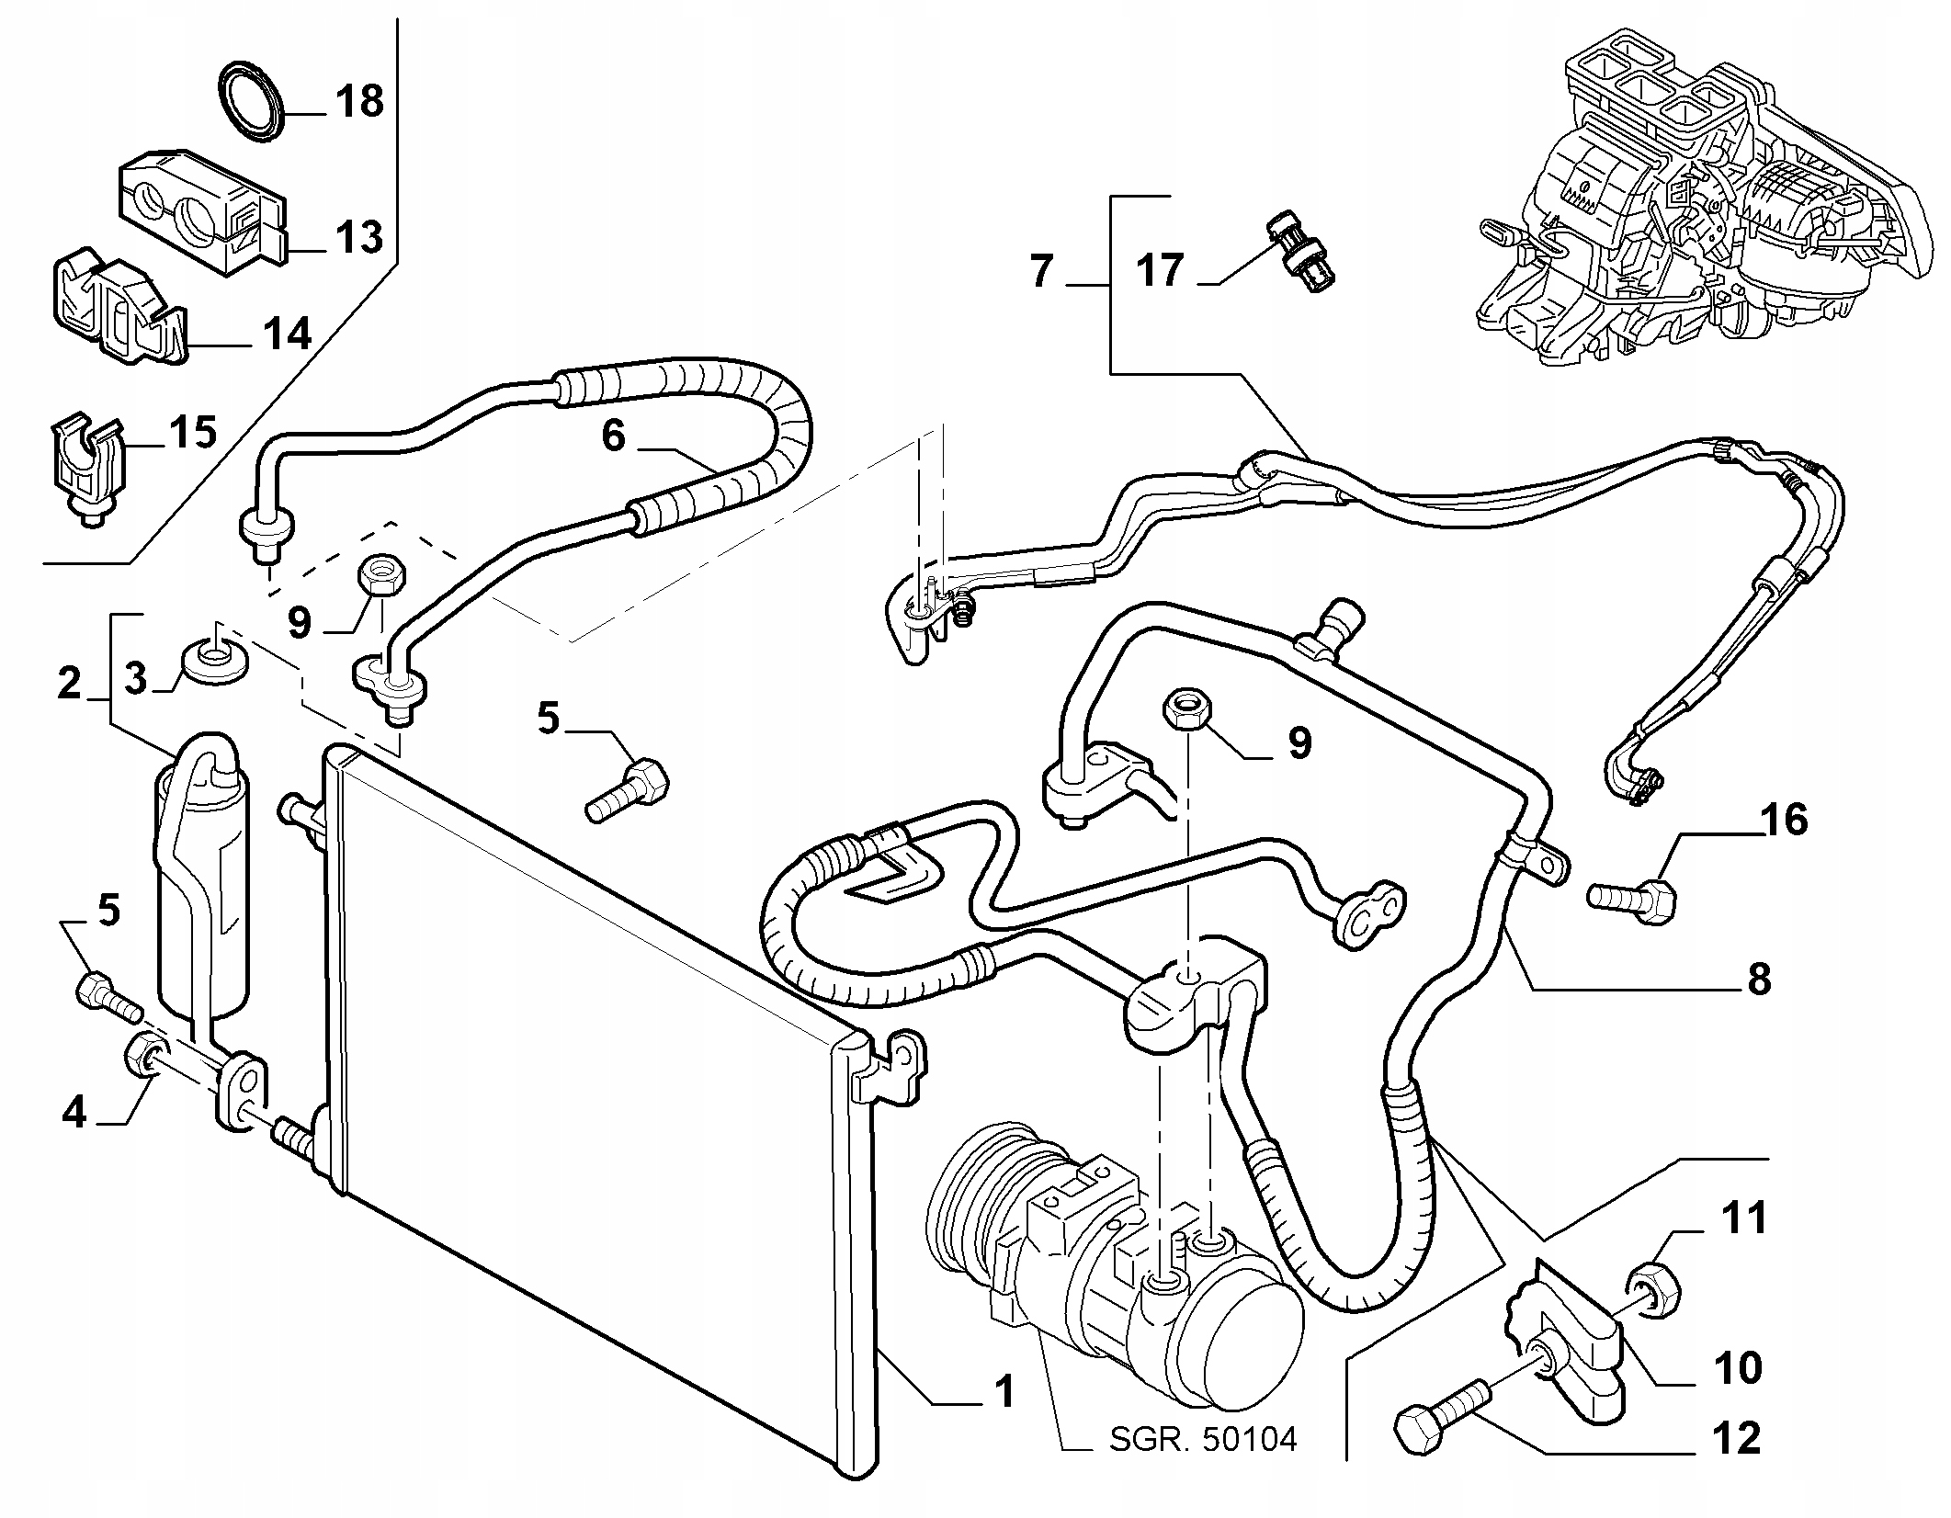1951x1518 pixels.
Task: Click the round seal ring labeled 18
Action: coord(254,103)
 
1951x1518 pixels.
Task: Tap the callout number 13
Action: coord(358,237)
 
